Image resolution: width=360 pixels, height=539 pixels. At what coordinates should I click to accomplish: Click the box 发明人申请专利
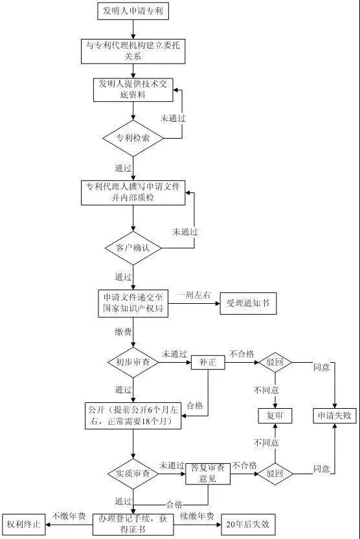click(133, 11)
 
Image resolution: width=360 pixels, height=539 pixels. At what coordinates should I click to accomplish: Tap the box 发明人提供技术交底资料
click(133, 90)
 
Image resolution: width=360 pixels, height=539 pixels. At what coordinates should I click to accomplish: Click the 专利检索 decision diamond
click(133, 138)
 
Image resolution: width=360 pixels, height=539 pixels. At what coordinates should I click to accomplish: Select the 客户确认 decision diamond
click(133, 248)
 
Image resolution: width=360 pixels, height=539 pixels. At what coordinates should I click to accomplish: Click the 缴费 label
click(124, 332)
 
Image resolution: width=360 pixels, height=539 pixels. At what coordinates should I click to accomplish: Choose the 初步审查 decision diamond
click(133, 362)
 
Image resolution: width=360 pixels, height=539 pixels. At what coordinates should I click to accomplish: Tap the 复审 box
click(275, 415)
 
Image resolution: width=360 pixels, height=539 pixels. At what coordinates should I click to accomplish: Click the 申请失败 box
click(335, 415)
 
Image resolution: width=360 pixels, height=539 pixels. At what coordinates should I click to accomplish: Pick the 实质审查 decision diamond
click(133, 474)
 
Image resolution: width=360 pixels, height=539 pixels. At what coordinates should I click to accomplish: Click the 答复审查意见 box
click(208, 474)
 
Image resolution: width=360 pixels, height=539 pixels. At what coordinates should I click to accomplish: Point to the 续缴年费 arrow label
click(197, 516)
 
